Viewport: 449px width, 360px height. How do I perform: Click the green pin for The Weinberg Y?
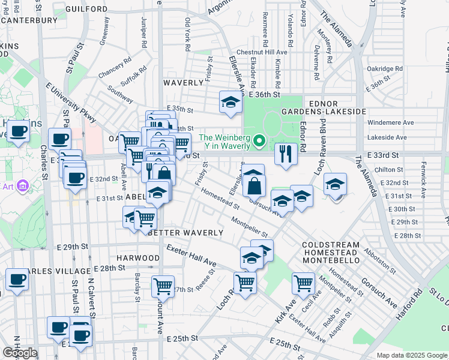pos(259,142)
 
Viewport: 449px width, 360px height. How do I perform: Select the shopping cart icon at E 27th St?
pos(163,286)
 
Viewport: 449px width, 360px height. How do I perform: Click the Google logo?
pos(20,353)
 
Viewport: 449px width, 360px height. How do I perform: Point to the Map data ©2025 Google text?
pos(411,355)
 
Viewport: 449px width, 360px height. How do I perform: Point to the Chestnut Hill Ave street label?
pos(262,53)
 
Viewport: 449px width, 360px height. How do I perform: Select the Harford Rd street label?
pos(410,305)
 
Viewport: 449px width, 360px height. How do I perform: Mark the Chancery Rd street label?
pos(115,68)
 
